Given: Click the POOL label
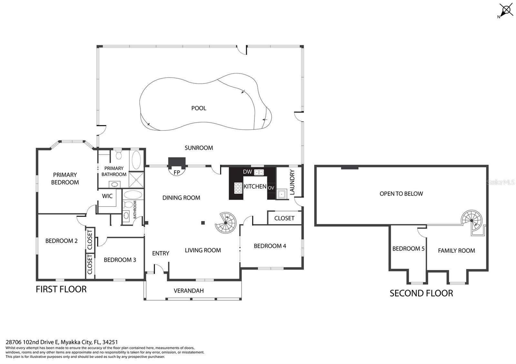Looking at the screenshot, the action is (199, 108).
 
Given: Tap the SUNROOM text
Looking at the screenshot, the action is (199, 148).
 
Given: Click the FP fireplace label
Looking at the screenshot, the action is (177, 173).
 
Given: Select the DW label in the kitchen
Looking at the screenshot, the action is (247, 172).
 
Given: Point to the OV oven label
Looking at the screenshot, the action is (271, 188).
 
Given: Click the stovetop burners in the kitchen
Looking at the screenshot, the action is (238, 188).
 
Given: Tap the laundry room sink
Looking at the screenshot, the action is (282, 194).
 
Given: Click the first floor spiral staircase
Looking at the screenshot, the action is (226, 223).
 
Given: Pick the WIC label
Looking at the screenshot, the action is (107, 196).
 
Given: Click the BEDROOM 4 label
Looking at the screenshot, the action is (270, 246).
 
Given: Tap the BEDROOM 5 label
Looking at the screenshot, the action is (408, 248).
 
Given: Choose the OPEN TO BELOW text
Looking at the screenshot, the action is (401, 194).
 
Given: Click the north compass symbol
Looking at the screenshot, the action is (506, 10).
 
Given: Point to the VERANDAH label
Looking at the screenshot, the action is (188, 291).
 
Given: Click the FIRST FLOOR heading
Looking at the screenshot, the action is (61, 289).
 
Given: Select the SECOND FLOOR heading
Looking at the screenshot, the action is (421, 293).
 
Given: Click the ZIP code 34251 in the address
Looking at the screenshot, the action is (111, 342).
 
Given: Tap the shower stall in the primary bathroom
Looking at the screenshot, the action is (136, 180).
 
